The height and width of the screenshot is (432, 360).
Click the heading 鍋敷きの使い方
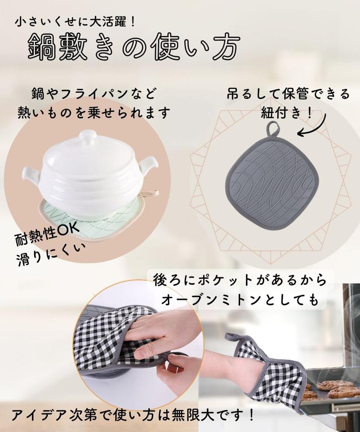tap(134, 45)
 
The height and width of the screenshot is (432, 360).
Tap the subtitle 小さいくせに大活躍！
tap(76, 22)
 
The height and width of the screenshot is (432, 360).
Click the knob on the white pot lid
tap(88, 137)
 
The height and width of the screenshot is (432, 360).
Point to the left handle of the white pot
tap(30, 174)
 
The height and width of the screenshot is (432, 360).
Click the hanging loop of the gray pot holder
tap(273, 129)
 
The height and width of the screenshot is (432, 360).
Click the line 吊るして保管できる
tap(288, 94)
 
